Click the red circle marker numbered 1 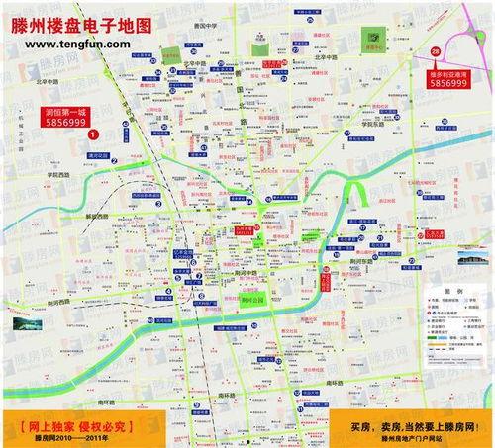tap(92, 133)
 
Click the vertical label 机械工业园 tap(18, 133)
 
